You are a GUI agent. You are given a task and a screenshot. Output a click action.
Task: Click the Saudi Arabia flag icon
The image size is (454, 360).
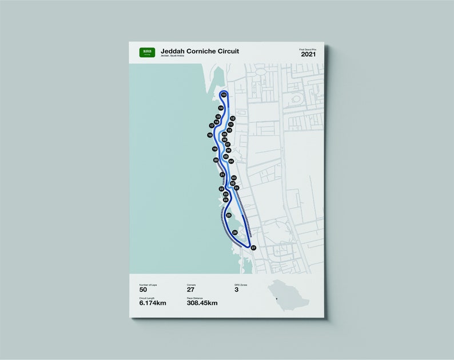pos(147,53)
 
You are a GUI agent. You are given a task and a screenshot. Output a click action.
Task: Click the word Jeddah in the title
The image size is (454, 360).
pos(174,51)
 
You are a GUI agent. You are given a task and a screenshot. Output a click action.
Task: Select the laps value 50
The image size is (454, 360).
pos(144,289)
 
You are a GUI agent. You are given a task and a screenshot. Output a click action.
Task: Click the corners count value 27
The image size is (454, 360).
pos(191,289)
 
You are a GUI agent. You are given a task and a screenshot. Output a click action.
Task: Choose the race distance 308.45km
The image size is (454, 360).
pos(202,303)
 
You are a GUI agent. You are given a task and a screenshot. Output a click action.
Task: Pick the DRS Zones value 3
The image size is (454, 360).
pos(237,289)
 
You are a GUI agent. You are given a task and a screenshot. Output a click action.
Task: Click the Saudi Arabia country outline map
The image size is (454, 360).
pos(289,294)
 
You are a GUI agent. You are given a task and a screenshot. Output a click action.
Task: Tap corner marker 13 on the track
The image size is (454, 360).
pos(224,94)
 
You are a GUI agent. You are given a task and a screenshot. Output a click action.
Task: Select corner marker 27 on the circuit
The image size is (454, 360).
pos(253,247)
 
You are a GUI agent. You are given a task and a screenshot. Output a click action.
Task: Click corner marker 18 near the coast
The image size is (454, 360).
pos(210,135)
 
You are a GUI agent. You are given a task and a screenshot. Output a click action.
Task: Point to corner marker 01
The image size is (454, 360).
pos(236,187)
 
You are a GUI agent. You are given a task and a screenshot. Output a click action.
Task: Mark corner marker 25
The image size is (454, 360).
pos(229,215)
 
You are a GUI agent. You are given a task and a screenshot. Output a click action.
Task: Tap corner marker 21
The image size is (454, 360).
pos(222,174)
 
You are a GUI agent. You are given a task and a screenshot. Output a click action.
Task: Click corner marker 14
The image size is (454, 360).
pos(220,107)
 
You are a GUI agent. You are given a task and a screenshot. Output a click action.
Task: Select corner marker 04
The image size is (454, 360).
pos(231,162)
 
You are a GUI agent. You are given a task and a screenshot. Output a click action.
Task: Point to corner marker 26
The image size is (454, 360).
pos(235,233)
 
